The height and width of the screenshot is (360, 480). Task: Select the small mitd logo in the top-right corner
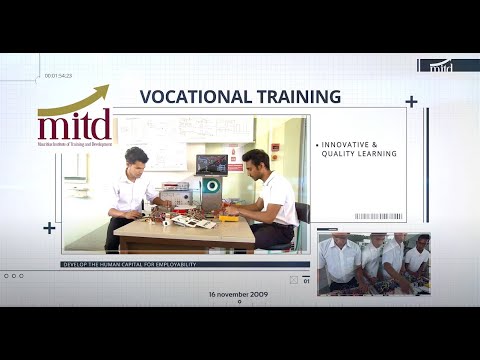click(x=441, y=66)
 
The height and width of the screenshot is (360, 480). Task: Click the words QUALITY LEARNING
click(x=359, y=154)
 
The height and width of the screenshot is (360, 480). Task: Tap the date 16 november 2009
click(x=239, y=295)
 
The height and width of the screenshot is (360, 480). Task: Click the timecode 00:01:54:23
click(x=59, y=76)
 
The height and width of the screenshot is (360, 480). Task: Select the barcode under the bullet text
click(x=378, y=216)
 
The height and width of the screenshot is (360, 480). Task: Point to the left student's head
click(x=137, y=158)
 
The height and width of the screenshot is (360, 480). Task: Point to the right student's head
click(x=256, y=161)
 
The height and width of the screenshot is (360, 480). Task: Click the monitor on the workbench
click(x=211, y=165)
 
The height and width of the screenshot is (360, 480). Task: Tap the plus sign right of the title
click(x=411, y=101)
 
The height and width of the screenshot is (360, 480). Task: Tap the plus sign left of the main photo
click(x=49, y=228)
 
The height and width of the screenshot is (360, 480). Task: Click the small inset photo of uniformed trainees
click(x=373, y=264)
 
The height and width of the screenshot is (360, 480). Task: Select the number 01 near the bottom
click(x=306, y=281)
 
